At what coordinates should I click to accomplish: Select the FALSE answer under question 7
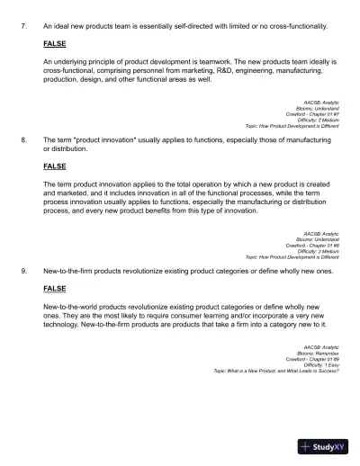(54, 43)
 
